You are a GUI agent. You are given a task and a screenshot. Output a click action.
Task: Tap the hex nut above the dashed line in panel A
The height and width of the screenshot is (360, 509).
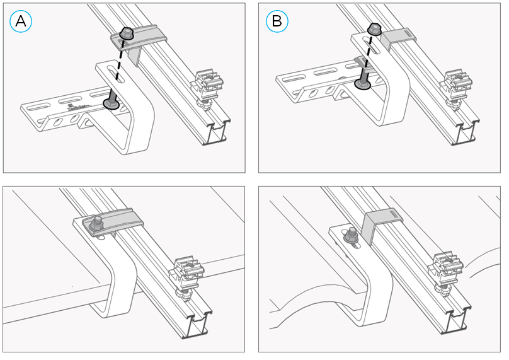[x=126, y=33]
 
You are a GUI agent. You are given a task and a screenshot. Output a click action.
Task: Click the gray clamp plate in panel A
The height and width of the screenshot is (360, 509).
[x=148, y=36]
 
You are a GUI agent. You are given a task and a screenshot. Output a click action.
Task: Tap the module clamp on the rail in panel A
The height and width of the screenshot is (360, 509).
[x=209, y=85]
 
